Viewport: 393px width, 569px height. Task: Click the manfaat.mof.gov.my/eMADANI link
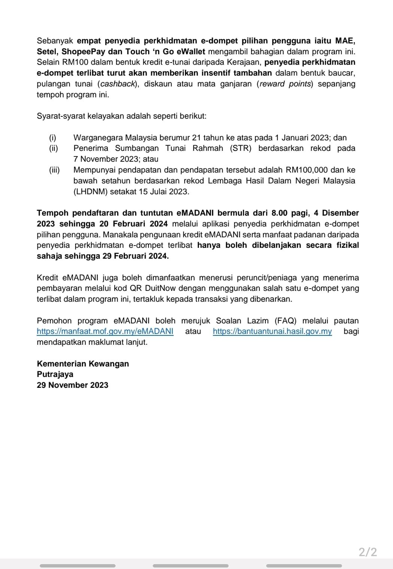pyautogui.click(x=105, y=331)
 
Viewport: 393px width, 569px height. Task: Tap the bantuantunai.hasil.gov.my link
pyautogui.click(x=272, y=331)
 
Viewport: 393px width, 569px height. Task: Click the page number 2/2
pyautogui.click(x=368, y=552)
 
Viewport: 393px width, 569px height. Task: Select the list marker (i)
pyautogui.click(x=53, y=138)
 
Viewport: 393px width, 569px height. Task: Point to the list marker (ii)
pyautogui.click(x=54, y=148)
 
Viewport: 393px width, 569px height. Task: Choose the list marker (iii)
pyautogui.click(x=54, y=170)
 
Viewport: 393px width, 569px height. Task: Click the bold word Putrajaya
pyautogui.click(x=55, y=374)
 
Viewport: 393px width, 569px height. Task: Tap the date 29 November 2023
pyautogui.click(x=72, y=385)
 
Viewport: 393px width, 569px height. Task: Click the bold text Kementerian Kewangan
pyautogui.click(x=83, y=363)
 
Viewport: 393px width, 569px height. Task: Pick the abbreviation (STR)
pyautogui.click(x=241, y=148)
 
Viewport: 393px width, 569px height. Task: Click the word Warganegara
pyautogui.click(x=98, y=138)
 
